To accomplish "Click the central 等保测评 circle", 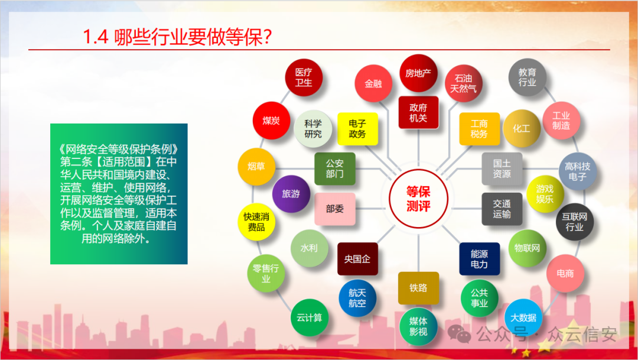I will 418,199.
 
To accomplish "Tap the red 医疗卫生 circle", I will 303,77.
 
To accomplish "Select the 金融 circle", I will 373,83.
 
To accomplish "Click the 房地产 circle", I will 418,73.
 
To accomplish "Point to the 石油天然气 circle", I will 463,83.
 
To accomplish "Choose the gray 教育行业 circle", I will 527,77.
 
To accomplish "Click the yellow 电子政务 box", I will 357,129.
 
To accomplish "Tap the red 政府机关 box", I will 418,112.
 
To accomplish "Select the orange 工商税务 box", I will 479,129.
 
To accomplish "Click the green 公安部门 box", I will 334,168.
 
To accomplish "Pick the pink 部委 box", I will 334,209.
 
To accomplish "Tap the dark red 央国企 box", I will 357,259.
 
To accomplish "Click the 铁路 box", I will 418,288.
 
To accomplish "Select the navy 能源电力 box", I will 479,259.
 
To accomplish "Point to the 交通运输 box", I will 502,209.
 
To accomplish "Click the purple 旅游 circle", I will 291,193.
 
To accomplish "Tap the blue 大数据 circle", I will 523,317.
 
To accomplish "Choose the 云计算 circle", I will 310,317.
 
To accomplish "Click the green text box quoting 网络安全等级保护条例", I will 119,194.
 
